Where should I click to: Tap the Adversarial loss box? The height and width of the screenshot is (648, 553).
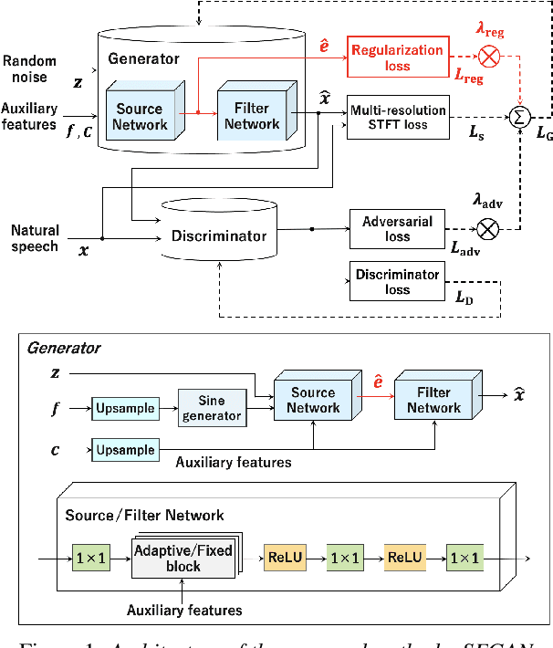coord(397,228)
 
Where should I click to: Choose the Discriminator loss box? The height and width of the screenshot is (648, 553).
coord(397,280)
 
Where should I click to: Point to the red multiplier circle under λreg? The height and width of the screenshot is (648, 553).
coord(490,56)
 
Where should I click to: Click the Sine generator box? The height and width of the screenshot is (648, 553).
coord(212,406)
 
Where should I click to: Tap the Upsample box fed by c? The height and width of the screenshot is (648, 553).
coord(124,449)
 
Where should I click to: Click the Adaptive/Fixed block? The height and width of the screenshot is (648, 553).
coord(183,559)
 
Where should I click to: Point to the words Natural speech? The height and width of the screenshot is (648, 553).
coord(34,237)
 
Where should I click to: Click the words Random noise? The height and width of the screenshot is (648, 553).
coord(29,68)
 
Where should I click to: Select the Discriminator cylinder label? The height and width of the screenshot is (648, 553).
coord(219,236)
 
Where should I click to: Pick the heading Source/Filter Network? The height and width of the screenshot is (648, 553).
coord(144,515)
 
